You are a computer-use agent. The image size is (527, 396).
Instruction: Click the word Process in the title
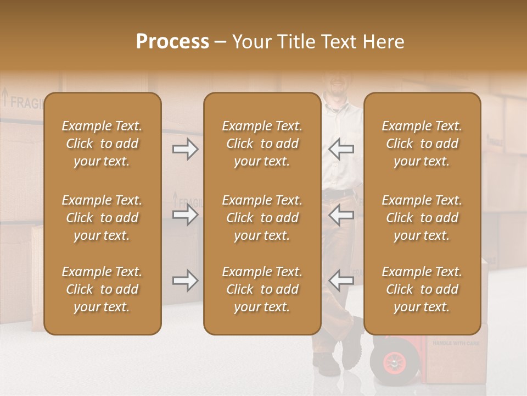tap(172, 42)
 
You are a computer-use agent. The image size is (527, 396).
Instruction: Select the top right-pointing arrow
tap(186, 149)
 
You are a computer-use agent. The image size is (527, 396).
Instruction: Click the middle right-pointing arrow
tap(186, 215)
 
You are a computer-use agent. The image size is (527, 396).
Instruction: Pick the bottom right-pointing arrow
tap(186, 280)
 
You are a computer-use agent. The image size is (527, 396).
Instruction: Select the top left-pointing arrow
tap(341, 149)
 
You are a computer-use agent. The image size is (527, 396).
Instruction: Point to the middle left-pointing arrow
tap(341, 215)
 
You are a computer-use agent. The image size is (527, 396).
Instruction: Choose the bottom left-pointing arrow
tap(341, 280)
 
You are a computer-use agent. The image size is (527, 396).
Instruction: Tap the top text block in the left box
tap(102, 144)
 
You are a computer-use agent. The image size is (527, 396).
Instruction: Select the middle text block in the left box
tap(102, 218)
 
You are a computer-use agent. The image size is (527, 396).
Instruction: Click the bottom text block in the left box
tap(102, 289)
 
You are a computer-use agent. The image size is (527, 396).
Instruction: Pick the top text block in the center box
tap(262, 144)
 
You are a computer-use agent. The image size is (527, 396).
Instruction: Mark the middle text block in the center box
tap(262, 218)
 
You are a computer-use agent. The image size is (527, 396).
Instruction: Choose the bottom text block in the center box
tap(262, 289)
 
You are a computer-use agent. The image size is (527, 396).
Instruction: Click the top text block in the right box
tap(422, 144)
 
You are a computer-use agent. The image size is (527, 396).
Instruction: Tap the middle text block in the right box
tap(422, 218)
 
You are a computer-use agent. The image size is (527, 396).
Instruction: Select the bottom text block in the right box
tap(422, 289)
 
